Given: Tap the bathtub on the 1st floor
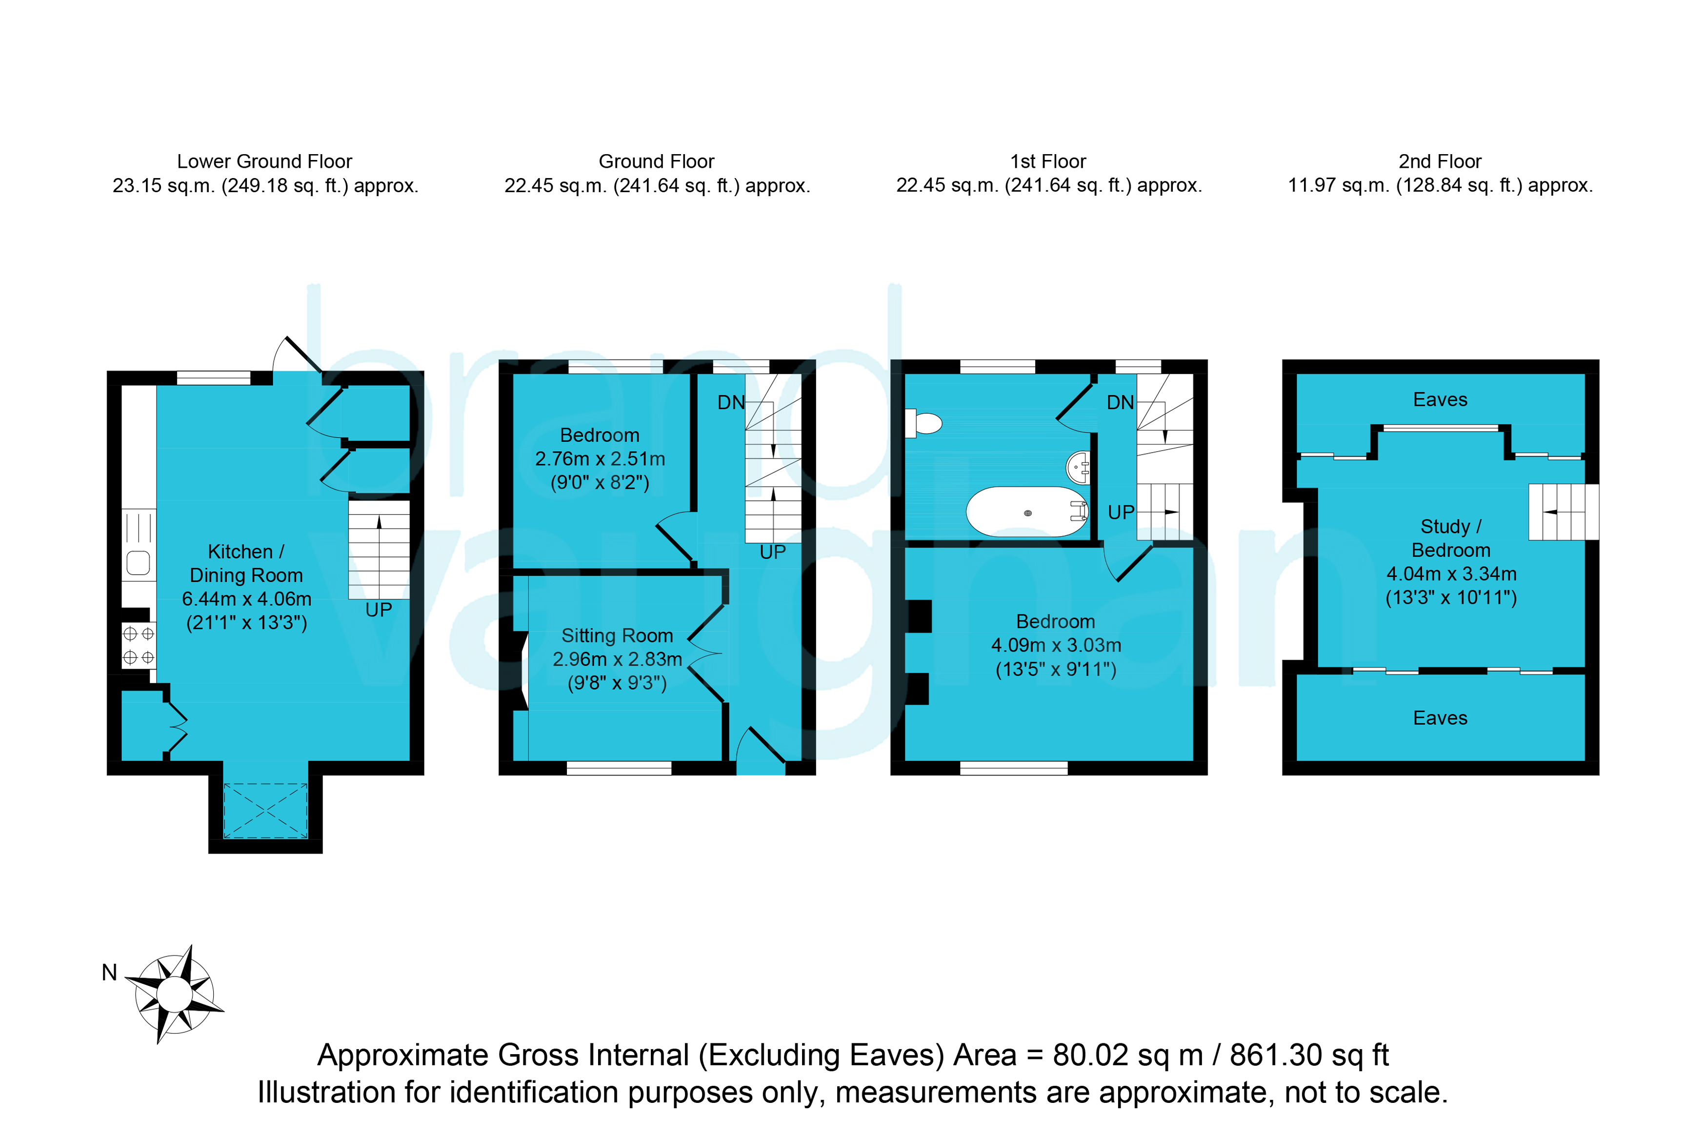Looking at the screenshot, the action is [x=1027, y=512].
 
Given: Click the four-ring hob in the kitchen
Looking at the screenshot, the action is [x=139, y=646].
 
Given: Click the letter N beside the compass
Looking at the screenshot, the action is [x=110, y=973].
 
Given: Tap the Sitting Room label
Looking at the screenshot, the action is [x=617, y=636].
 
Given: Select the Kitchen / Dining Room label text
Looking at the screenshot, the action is [x=246, y=563].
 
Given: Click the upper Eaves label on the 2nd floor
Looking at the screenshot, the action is [x=1440, y=400].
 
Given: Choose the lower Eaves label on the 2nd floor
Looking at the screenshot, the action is [x=1440, y=718].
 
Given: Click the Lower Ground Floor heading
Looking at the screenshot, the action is [x=264, y=161].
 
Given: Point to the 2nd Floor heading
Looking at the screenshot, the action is [x=1440, y=161].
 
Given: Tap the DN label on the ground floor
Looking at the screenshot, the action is [x=731, y=403].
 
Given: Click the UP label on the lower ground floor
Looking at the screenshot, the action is [x=379, y=610].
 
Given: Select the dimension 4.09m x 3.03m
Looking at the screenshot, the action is [x=1056, y=645].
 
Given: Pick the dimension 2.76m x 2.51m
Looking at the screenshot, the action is [x=600, y=459].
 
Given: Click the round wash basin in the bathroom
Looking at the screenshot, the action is [x=1078, y=467].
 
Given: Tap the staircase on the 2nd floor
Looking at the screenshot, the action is [x=1563, y=512].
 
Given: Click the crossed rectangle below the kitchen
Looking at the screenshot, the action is [x=265, y=811].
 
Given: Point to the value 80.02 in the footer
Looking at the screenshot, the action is [x=1092, y=1055].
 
